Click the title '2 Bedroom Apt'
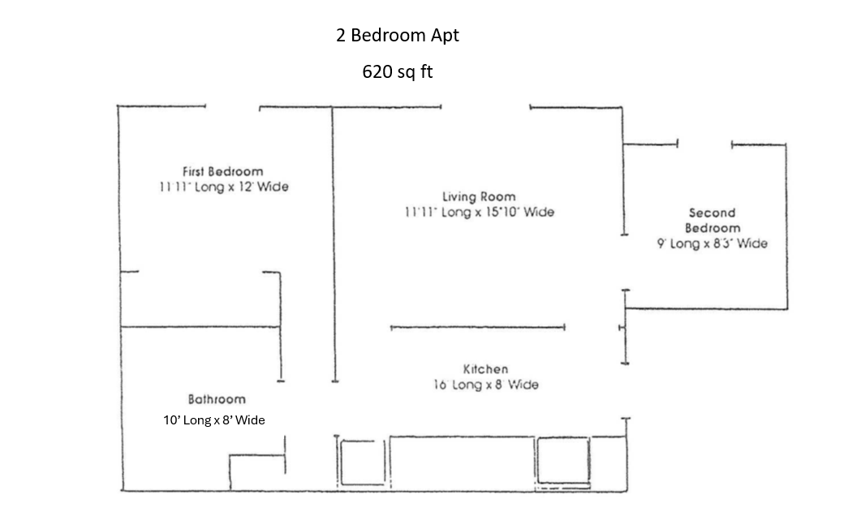pyautogui.click(x=397, y=37)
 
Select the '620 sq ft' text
pyautogui.click(x=397, y=71)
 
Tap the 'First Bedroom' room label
pyautogui.click(x=222, y=171)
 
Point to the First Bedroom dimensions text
pyautogui.click(x=223, y=187)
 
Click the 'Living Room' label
pyautogui.click(x=478, y=196)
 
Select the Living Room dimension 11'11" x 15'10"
pyautogui.click(x=479, y=212)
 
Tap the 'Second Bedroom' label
pyautogui.click(x=712, y=220)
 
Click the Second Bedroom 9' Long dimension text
pyautogui.click(x=712, y=243)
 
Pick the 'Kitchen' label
pyautogui.click(x=485, y=369)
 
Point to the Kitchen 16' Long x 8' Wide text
pyautogui.click(x=485, y=385)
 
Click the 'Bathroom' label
pyautogui.click(x=217, y=399)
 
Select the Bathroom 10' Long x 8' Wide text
pyautogui.click(x=214, y=420)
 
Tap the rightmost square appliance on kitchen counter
pyautogui.click(x=562, y=461)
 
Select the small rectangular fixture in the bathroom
pyautogui.click(x=256, y=473)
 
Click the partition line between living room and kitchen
pyautogui.click(x=477, y=328)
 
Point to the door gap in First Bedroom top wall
pyautogui.click(x=232, y=106)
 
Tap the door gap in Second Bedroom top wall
pyautogui.click(x=704, y=144)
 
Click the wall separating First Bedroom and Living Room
pyautogui.click(x=334, y=243)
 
